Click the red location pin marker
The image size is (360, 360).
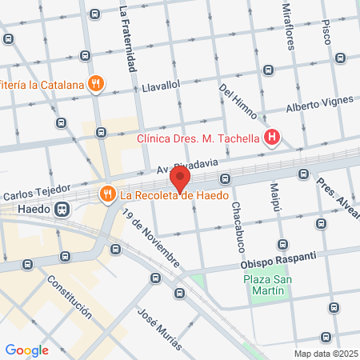point(181,178)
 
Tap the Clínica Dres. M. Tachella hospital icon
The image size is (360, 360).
point(272,138)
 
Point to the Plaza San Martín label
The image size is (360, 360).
point(264,285)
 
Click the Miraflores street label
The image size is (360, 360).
point(290,24)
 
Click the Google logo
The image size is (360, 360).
point(26,350)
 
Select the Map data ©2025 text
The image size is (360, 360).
point(325,354)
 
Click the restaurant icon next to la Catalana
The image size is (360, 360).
point(96,82)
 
